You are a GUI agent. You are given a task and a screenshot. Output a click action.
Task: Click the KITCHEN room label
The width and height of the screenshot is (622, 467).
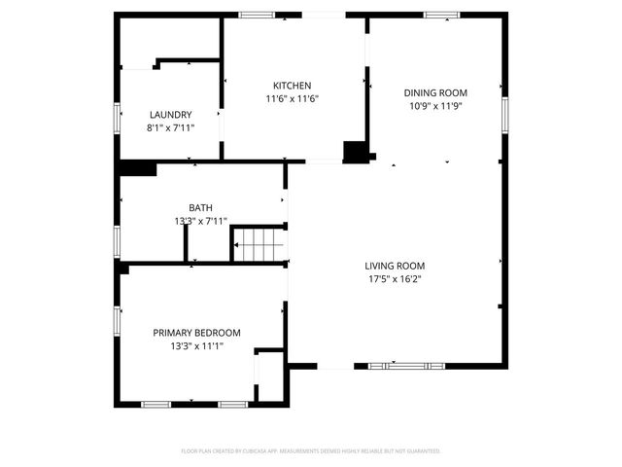tap(292, 85)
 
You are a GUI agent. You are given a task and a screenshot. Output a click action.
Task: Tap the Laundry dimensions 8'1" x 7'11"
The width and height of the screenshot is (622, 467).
tap(170, 127)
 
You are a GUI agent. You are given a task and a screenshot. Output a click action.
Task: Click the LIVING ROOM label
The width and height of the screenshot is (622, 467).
tap(395, 266)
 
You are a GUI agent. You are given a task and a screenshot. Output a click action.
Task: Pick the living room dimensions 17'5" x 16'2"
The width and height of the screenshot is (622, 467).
tap(395, 279)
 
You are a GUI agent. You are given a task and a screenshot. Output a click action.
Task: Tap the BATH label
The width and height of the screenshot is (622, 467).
tap(200, 207)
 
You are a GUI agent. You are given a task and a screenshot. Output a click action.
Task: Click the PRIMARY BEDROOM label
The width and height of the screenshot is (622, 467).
tap(196, 333)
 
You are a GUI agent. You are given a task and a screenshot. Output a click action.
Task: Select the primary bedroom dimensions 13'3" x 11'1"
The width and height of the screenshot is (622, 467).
tap(196, 346)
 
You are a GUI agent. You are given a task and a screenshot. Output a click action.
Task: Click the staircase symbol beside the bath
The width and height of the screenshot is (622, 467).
tap(260, 243)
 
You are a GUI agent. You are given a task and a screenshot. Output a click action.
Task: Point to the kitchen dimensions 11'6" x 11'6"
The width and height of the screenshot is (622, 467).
tap(292, 98)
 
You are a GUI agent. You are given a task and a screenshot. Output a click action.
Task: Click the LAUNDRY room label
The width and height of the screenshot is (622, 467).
tap(170, 114)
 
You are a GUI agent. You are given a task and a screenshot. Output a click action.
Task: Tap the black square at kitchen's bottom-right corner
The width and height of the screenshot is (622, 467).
tap(357, 151)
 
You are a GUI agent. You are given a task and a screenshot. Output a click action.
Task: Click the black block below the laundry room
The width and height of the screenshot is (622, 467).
tap(137, 168)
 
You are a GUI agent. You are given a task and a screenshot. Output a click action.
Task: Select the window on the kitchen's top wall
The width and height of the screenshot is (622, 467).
tap(257, 15)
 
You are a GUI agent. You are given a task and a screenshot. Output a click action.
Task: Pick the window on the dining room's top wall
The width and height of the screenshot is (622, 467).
tap(441, 15)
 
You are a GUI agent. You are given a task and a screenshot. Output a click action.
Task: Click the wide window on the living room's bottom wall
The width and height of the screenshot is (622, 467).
tap(409, 366)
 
